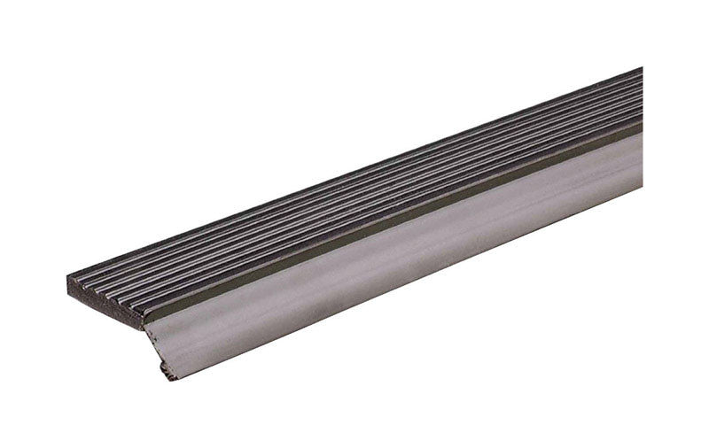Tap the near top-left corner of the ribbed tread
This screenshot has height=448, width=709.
pyautogui.click(x=68, y=276)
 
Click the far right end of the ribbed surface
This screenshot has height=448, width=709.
pyautogui.click(x=638, y=97)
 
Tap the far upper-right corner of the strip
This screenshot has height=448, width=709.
pyautogui.click(x=641, y=69)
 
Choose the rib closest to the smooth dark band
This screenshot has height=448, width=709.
pyautogui.click(x=354, y=228)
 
